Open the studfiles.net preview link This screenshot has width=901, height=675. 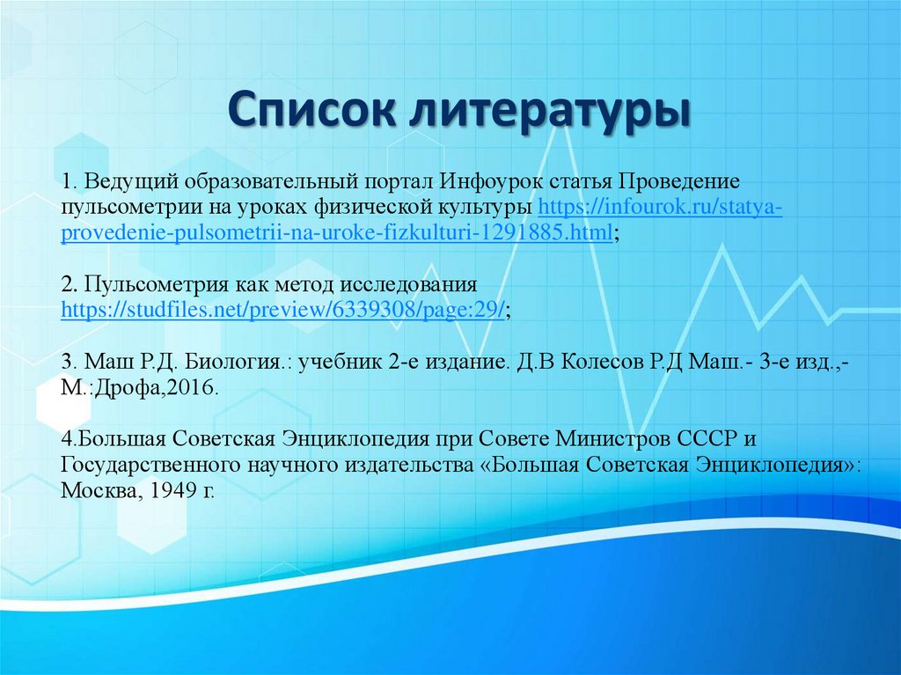click(282, 311)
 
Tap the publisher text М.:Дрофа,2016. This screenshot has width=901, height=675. click(139, 388)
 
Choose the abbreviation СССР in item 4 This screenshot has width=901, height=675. click(711, 439)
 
